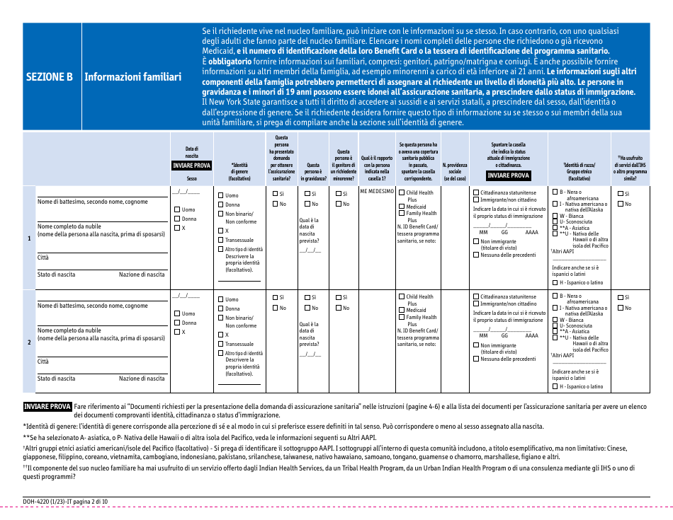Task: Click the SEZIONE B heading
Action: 50,76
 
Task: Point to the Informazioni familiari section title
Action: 132,76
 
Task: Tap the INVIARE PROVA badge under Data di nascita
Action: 192,166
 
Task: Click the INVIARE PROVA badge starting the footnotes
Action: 47,407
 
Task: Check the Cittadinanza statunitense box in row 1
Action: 476,192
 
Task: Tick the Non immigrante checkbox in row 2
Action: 476,345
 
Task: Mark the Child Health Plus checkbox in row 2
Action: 401,297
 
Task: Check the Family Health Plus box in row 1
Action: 401,213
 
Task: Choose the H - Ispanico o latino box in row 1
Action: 555,282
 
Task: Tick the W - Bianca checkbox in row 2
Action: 555,320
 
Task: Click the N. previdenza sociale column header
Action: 455,171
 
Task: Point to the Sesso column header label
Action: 192,179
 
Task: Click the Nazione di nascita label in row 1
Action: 142,275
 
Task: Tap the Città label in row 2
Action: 43,362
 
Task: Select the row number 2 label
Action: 29,342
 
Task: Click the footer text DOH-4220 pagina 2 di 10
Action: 66,502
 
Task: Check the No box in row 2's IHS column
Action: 621,308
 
